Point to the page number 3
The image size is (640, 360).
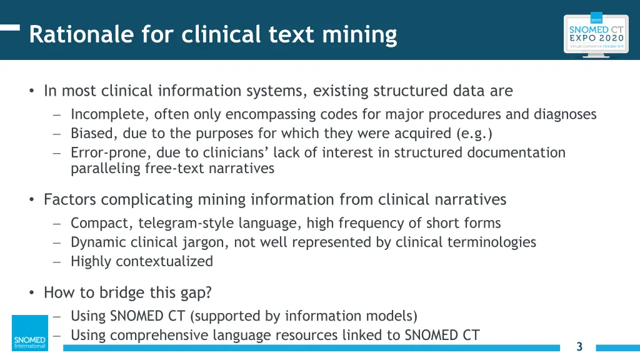[579, 347]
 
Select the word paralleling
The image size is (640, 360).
[105, 168]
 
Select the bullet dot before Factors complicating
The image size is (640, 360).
[31, 200]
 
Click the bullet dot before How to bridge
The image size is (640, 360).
[31, 292]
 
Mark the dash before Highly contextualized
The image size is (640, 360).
[56, 262]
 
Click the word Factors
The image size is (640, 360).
[70, 200]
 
